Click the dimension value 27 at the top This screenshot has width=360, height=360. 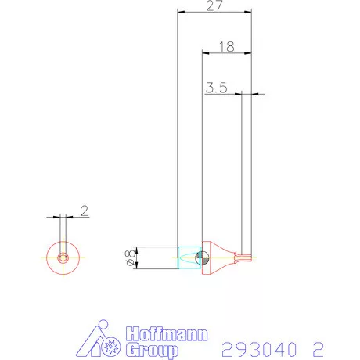[214, 6]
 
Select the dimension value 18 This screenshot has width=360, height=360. [226, 46]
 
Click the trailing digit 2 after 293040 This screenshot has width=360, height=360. [318, 347]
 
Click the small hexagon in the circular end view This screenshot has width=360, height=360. [63, 257]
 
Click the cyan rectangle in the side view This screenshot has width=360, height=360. [188, 257]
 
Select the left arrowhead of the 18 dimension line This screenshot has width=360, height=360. [206, 53]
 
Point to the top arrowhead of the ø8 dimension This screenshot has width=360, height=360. [138, 250]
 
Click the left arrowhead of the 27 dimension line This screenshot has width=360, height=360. [181, 13]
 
